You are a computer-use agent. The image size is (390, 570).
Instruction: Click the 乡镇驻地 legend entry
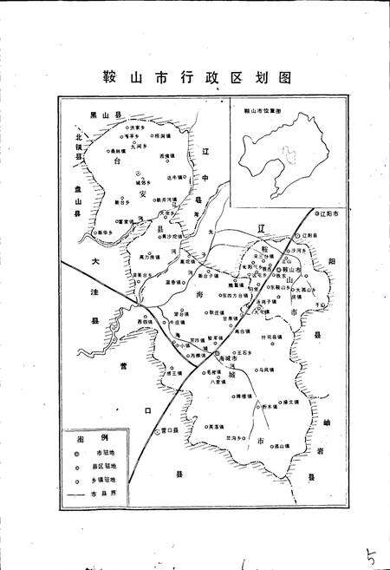(x=104, y=478)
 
